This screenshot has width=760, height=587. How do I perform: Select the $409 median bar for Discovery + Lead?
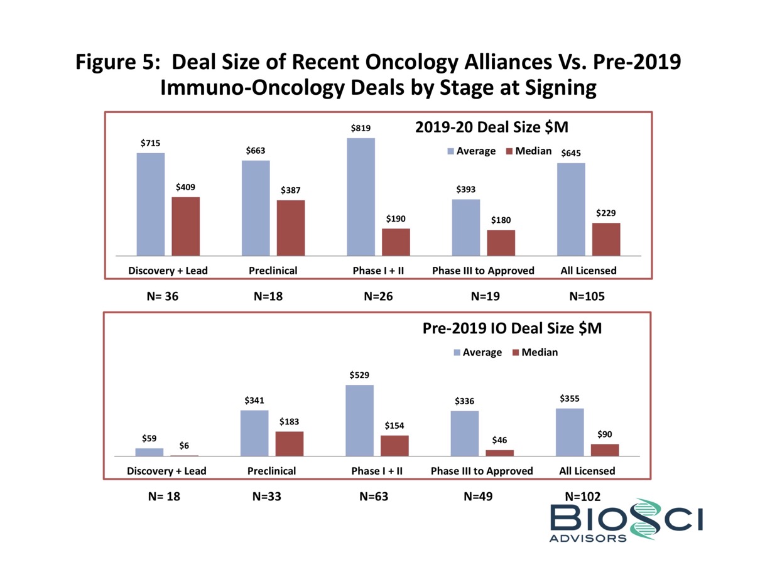pos(185,226)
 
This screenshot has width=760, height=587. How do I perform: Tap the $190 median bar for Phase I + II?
pos(396,242)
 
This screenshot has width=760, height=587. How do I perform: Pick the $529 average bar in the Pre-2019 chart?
pos(359,420)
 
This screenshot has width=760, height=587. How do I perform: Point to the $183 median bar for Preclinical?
pos(290,443)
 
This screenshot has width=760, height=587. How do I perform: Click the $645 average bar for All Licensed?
pos(571,209)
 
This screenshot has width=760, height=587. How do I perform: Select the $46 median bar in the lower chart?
pos(499,453)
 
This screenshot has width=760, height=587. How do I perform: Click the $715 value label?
pos(150,143)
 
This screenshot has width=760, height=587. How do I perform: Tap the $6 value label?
pos(184,445)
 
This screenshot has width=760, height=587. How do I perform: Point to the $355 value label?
pos(570,398)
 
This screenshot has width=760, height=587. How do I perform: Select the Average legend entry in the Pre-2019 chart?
pos(477,352)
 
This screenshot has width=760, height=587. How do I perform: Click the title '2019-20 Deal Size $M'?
pos(492,127)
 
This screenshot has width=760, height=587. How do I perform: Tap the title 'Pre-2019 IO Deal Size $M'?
pos(512,328)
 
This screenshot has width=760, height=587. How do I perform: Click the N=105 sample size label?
pos(587,296)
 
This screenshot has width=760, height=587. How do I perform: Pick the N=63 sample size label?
pos(374,497)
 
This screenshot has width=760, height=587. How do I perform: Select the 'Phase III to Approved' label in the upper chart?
pos(483,271)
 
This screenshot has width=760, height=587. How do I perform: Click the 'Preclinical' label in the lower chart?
pos(271,470)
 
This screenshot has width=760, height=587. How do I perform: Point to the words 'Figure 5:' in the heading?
pos(119,63)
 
